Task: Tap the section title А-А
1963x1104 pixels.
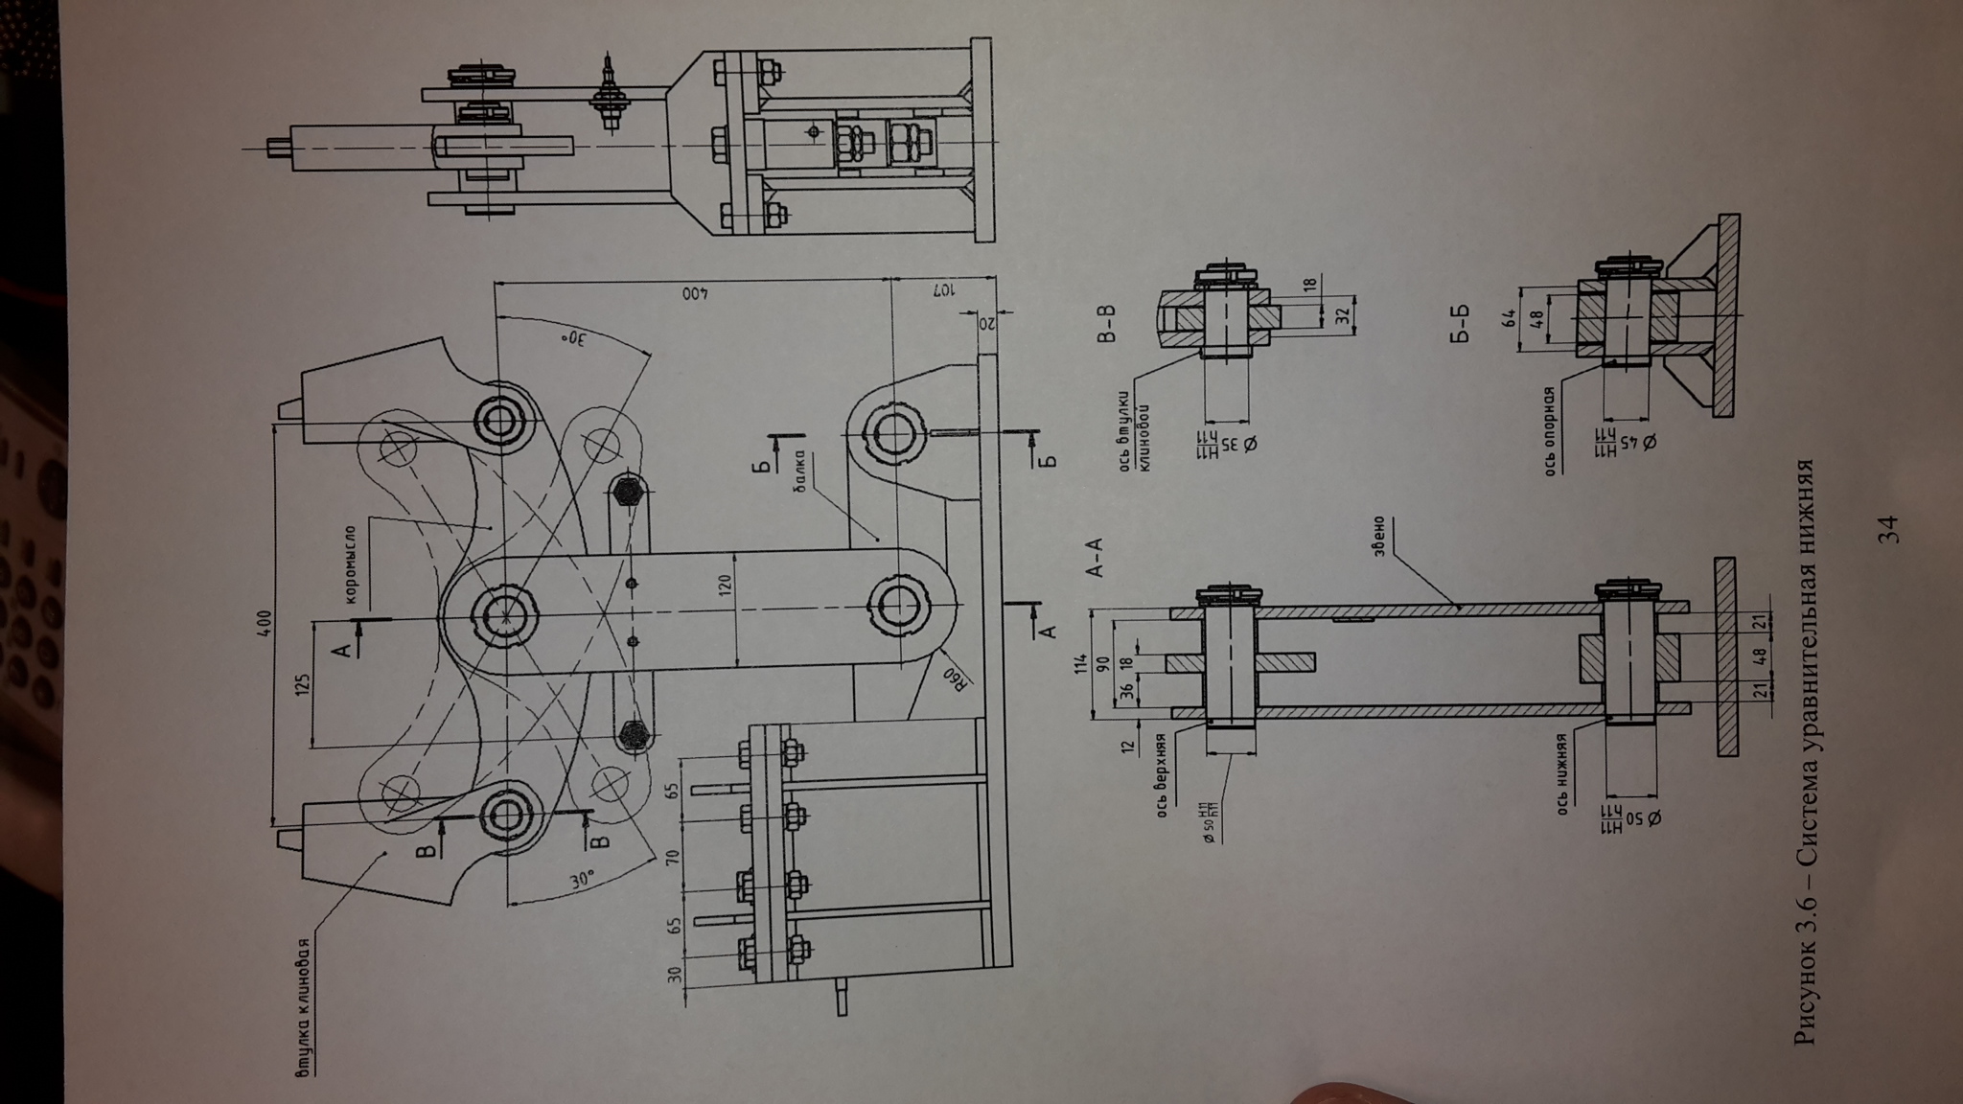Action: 1094,560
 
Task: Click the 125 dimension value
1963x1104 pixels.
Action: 303,683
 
